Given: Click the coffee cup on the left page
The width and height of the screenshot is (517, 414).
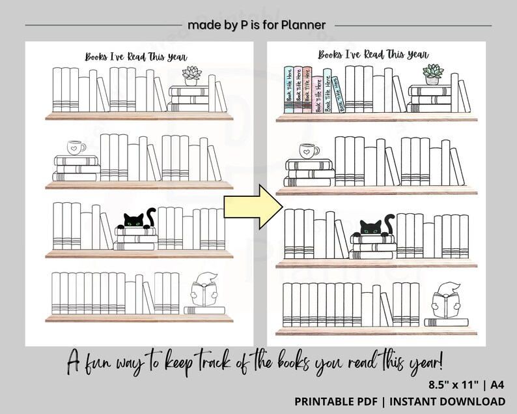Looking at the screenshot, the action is pyautogui.click(x=76, y=147).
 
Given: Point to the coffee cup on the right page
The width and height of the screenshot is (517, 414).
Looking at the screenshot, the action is pyautogui.click(x=308, y=152).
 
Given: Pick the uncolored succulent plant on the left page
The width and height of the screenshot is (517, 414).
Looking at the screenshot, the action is pyautogui.click(x=191, y=76).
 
